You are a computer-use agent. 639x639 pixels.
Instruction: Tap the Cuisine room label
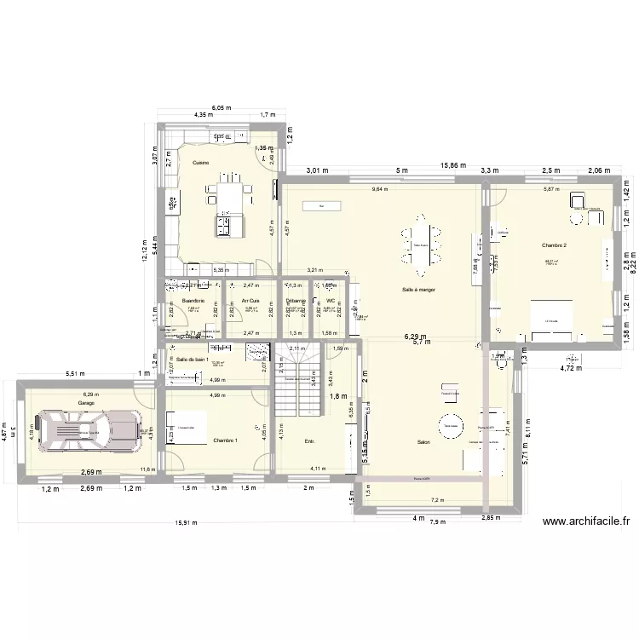[x=200, y=162]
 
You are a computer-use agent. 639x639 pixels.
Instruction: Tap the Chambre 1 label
[x=226, y=440]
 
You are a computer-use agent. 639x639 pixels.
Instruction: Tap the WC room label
[x=330, y=301]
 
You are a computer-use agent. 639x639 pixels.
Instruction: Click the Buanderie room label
[x=193, y=301]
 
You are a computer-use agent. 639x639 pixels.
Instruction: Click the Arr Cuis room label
[x=250, y=301]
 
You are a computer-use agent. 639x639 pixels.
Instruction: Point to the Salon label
[x=423, y=442]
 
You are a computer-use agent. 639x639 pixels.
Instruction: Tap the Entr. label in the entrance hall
[x=309, y=441]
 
